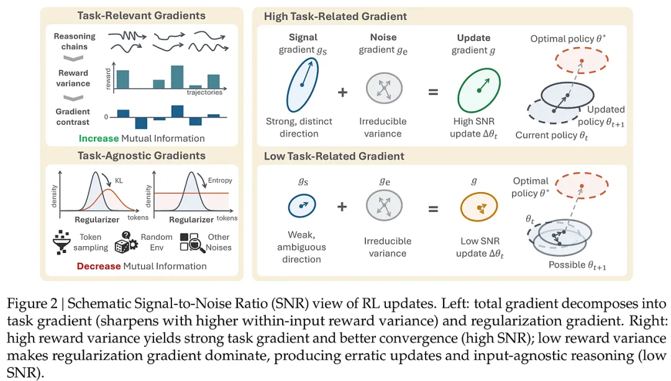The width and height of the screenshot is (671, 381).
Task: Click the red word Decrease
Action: (x=99, y=266)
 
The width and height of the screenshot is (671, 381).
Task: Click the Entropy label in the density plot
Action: (x=221, y=180)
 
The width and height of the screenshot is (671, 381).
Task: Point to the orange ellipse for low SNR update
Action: (x=478, y=206)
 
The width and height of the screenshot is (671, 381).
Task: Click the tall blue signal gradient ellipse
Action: (x=303, y=84)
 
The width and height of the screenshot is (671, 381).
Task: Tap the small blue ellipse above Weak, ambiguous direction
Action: (x=302, y=205)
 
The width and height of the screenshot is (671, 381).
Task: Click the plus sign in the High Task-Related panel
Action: (x=342, y=92)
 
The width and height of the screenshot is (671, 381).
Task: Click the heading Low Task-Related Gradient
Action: (x=334, y=156)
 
